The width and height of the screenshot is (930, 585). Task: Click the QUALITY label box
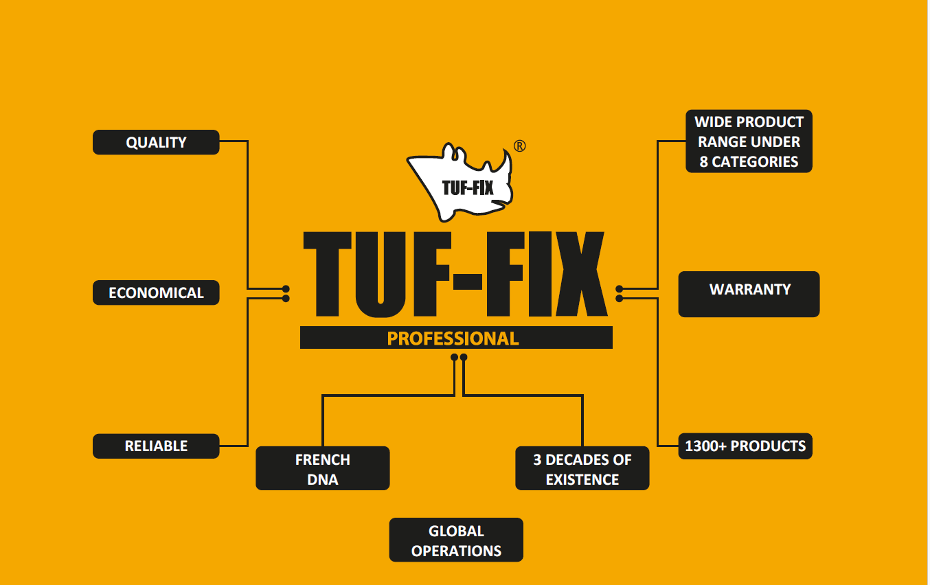(x=156, y=142)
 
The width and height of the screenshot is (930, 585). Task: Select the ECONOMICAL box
(x=156, y=292)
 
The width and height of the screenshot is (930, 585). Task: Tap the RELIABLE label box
(x=156, y=446)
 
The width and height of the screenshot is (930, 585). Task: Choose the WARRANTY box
(x=749, y=294)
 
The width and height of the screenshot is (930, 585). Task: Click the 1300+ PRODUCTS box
(x=745, y=446)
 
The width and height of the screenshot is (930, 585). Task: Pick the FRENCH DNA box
(x=322, y=468)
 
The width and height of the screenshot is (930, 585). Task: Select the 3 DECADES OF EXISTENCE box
(x=582, y=468)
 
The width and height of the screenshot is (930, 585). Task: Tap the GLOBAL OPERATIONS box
(x=456, y=540)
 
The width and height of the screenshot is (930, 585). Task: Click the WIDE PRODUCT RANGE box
(x=749, y=141)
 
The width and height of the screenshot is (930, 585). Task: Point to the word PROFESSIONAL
(x=453, y=338)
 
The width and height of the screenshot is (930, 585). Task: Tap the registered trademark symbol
(x=520, y=146)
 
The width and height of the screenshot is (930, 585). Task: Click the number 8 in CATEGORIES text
(x=703, y=162)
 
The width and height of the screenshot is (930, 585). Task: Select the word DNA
(x=322, y=479)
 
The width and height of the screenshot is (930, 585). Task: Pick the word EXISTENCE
(x=582, y=479)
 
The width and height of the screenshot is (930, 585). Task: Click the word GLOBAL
(x=456, y=531)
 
